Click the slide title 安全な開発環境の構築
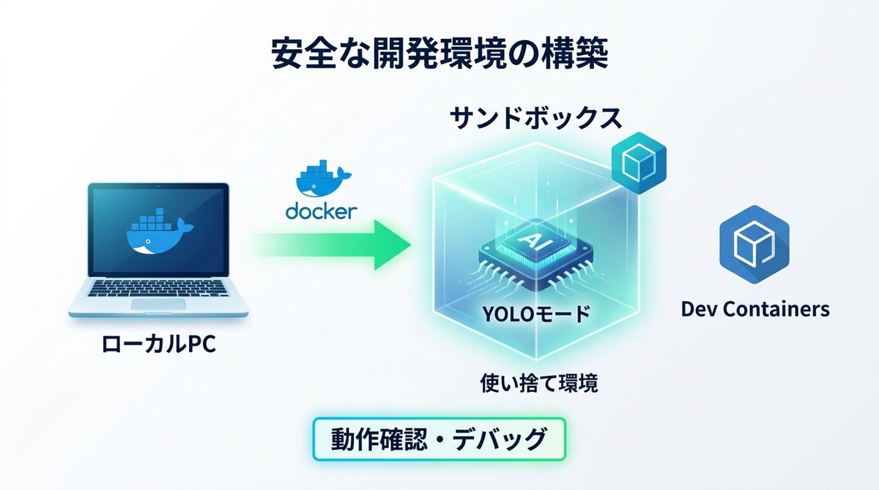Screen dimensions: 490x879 click(x=439, y=55)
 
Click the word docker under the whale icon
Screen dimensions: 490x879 click(x=322, y=211)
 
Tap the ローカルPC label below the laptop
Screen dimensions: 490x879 click(x=160, y=344)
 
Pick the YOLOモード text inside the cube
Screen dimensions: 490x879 click(x=535, y=315)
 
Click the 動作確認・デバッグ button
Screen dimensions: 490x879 click(x=439, y=439)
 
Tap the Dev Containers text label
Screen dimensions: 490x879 click(x=755, y=309)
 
